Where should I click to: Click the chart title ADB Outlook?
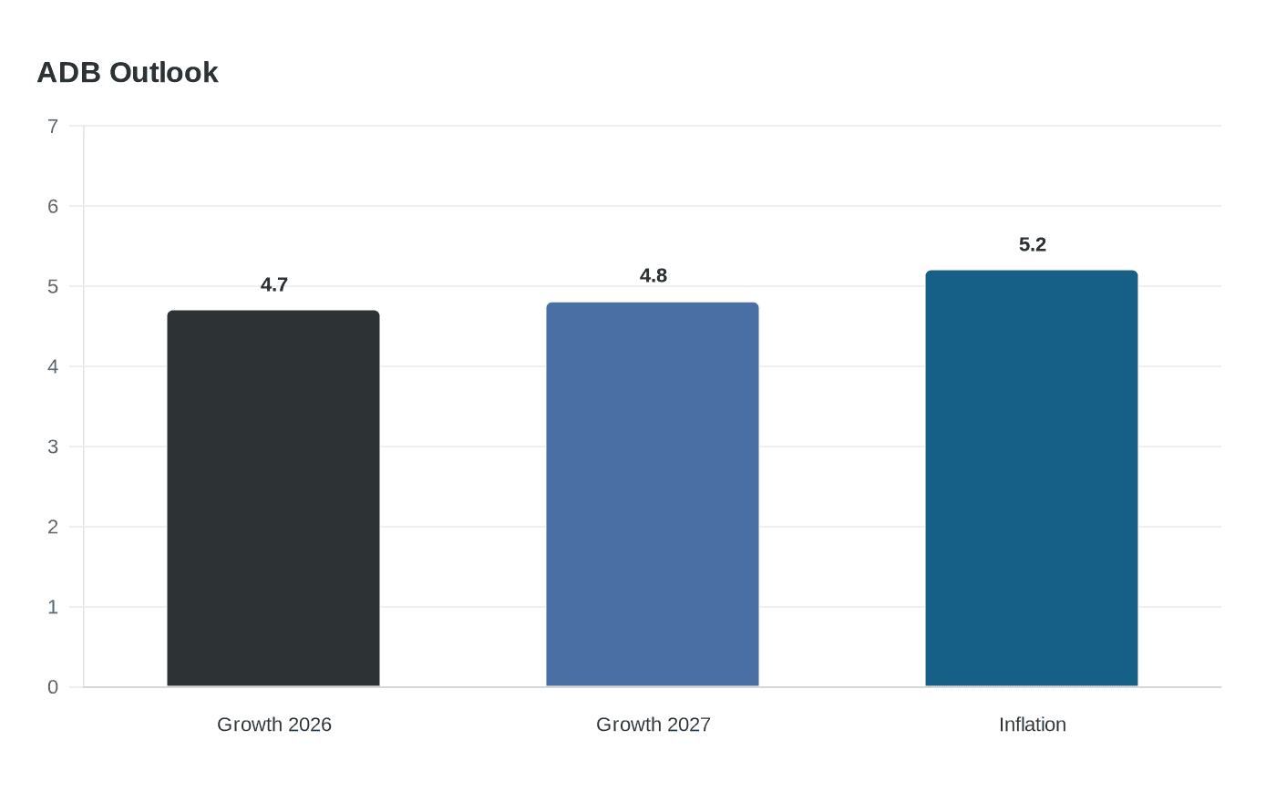(x=128, y=73)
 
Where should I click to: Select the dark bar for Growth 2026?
(x=273, y=499)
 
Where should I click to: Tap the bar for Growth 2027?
(x=653, y=494)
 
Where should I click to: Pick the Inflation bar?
(x=1032, y=478)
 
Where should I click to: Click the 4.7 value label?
(x=274, y=284)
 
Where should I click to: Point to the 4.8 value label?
(x=653, y=275)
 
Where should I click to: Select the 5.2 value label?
(x=1032, y=245)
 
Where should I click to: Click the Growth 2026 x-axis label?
(x=274, y=725)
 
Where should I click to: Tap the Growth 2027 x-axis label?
(x=653, y=725)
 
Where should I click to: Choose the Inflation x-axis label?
(x=1032, y=725)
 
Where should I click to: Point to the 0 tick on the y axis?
(x=53, y=687)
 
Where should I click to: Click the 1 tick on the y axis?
(x=53, y=607)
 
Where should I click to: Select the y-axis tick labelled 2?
(x=53, y=527)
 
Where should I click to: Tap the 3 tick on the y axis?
(x=53, y=447)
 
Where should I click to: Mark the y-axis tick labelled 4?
(x=53, y=366)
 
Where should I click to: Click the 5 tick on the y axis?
(x=53, y=286)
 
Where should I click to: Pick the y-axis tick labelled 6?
(x=53, y=206)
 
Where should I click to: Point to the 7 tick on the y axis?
(x=53, y=126)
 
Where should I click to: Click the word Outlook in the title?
(x=164, y=73)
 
